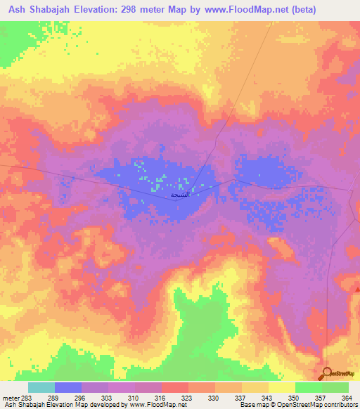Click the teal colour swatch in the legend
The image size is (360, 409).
41,387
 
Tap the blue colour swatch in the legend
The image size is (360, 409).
68,387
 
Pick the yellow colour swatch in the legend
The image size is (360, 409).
281,387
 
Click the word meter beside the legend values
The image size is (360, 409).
8,397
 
